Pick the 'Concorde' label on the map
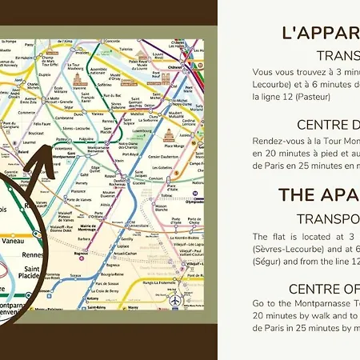click(x=113, y=39)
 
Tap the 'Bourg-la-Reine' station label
click(x=112, y=276)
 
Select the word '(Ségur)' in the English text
click(x=267, y=262)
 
